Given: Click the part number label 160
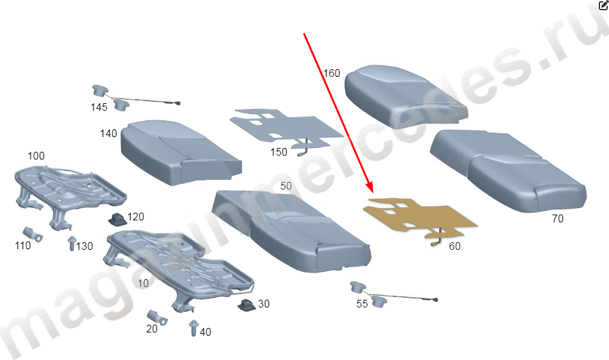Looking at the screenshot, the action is tap(332, 73).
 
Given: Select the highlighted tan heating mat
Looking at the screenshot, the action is tap(419, 219).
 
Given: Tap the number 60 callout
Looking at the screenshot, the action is tap(455, 246).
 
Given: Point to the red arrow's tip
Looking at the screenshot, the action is tap(372, 193).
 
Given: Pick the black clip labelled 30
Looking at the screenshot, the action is tap(247, 305).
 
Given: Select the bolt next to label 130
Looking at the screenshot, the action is tap(72, 243).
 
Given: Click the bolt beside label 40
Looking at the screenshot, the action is tap(194, 328).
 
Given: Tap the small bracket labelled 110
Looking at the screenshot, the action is tap(33, 234).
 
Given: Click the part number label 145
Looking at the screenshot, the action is tap(99, 107).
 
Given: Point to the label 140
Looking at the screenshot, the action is tap(108, 134).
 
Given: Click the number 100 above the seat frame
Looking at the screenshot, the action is tap(36, 156).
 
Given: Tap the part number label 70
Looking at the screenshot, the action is tap(557, 218).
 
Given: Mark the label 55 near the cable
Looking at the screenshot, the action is tap(362, 304).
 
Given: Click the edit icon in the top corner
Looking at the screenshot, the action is tap(604, 5).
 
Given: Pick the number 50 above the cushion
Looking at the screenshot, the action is tap(286, 186).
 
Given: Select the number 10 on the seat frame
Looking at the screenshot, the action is tap(143, 284).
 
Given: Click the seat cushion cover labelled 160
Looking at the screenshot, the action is tap(406, 96).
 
